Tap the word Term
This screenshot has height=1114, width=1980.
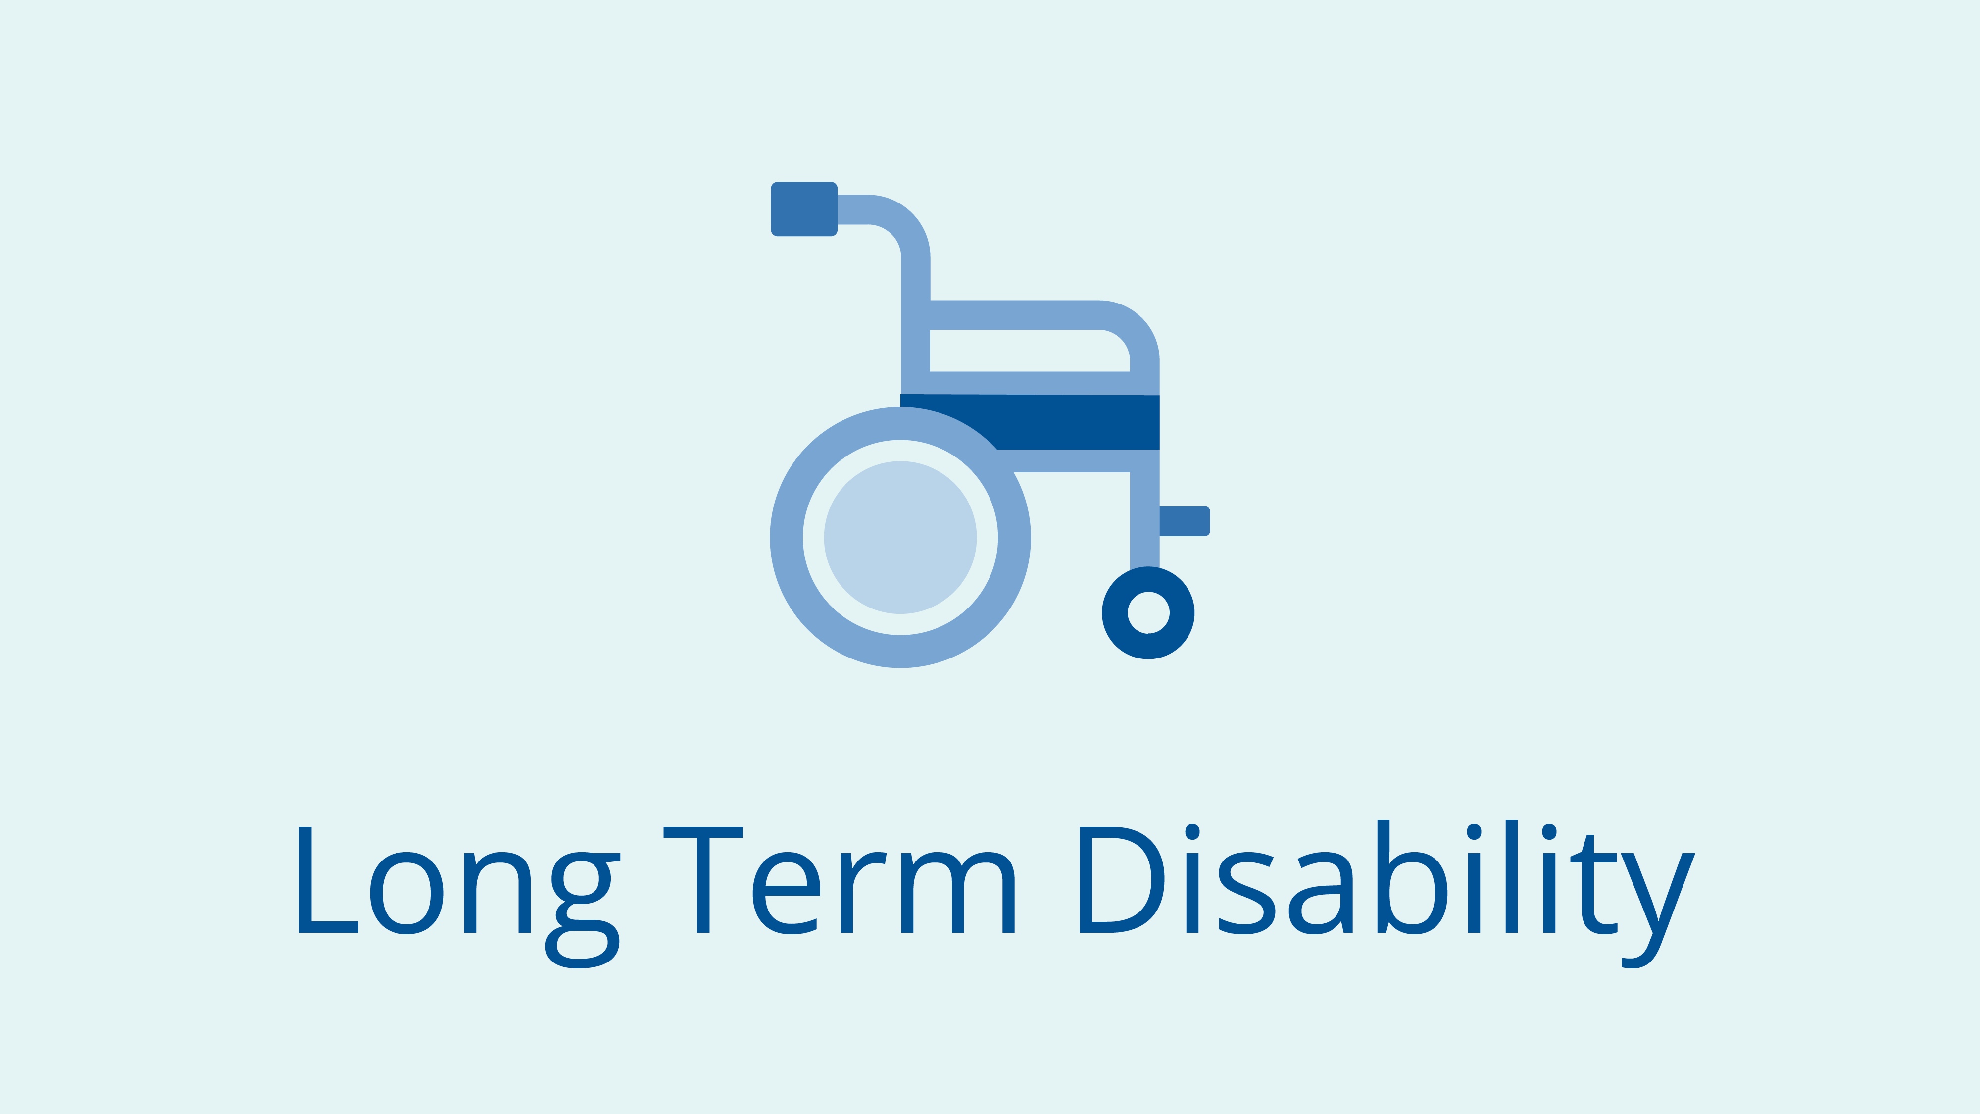[x=839, y=880]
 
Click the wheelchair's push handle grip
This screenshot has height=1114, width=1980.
[x=804, y=209]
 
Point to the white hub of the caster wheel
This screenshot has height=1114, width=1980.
[x=1148, y=613]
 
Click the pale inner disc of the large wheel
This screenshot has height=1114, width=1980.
[x=900, y=537]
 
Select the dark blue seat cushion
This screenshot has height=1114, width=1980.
[x=1076, y=421]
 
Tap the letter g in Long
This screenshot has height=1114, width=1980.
[x=583, y=911]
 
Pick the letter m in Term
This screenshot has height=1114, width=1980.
[x=958, y=893]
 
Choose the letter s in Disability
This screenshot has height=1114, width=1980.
[x=1247, y=893]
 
